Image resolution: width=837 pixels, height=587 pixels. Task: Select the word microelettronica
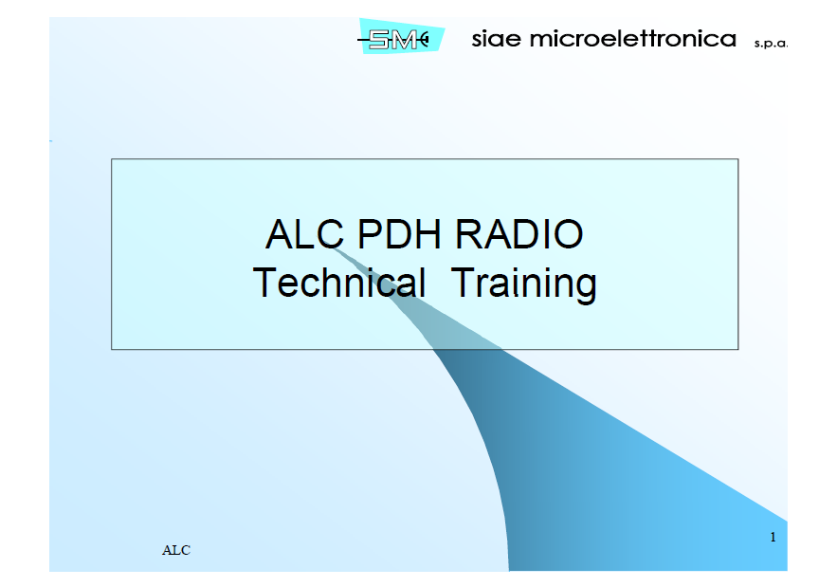click(x=633, y=39)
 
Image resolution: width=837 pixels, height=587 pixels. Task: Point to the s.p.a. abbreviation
click(x=772, y=44)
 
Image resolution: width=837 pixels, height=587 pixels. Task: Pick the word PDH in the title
click(x=405, y=234)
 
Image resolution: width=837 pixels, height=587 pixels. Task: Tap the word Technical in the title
click(x=339, y=283)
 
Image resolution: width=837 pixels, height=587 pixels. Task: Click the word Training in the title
click(x=523, y=283)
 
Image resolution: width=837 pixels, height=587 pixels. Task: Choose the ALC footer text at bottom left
click(x=176, y=550)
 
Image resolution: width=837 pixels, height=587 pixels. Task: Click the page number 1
click(x=773, y=538)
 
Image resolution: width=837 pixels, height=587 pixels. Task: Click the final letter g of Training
click(x=586, y=286)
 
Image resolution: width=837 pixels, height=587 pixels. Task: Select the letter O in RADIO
click(x=567, y=234)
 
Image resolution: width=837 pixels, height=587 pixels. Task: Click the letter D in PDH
click(x=405, y=234)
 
